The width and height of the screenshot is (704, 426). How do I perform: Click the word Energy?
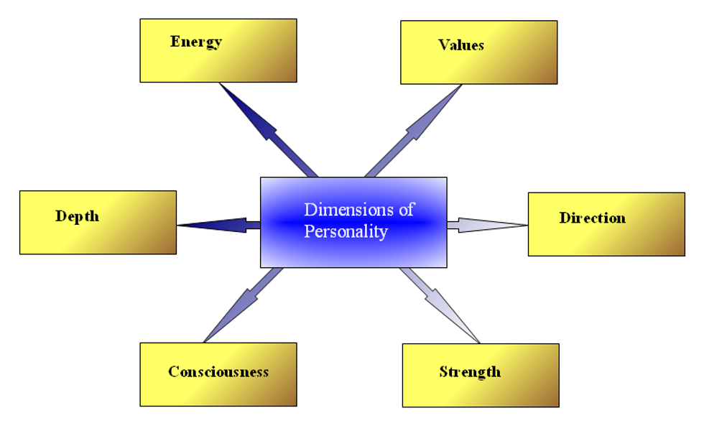[x=195, y=42]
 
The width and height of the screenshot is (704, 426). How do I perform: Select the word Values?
[x=461, y=45]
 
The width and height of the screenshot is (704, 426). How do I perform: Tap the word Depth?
[x=77, y=216]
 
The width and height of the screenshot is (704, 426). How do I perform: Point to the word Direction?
[x=592, y=218]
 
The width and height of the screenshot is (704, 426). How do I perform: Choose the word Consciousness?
[x=218, y=372]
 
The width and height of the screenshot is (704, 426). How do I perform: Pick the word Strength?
[x=470, y=372]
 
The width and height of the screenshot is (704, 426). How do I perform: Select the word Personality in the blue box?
[x=346, y=232]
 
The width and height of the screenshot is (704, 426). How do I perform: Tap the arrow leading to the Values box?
[x=414, y=129]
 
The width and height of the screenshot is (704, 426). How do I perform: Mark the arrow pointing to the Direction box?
[x=488, y=226]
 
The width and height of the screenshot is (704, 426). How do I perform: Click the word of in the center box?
[x=407, y=210]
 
